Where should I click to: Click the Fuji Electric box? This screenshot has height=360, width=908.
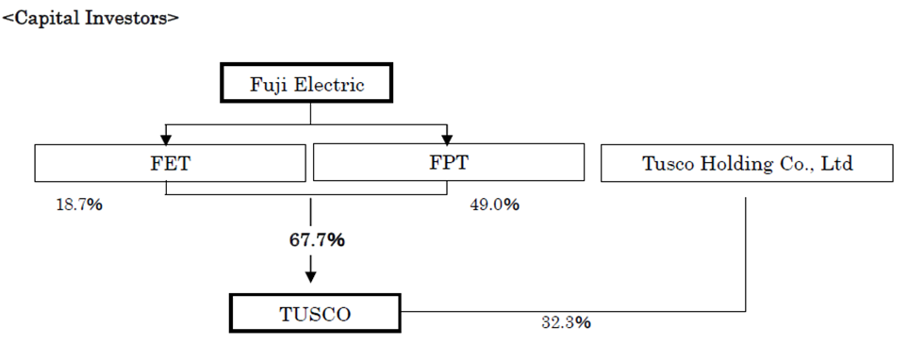[x=306, y=83]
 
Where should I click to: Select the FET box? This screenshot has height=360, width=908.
[x=171, y=163]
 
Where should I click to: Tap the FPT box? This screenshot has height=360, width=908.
[x=449, y=163]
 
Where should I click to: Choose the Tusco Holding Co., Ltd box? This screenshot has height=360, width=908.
[x=747, y=163]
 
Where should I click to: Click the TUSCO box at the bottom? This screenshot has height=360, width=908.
[x=315, y=313]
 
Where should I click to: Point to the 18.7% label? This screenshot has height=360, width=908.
[x=79, y=205]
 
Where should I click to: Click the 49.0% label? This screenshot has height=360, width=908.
[x=494, y=205]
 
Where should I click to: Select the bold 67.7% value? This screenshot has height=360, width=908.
[x=317, y=240]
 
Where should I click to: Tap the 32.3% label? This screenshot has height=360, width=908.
[x=567, y=323]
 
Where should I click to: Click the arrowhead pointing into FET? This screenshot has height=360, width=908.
[x=166, y=139]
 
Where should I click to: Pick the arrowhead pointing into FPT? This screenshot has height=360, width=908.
[x=447, y=139]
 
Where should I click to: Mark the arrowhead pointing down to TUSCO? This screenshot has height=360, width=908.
[x=311, y=277]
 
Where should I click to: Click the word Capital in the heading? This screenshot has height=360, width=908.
[x=46, y=19]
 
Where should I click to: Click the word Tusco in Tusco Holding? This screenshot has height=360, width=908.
[x=668, y=164]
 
